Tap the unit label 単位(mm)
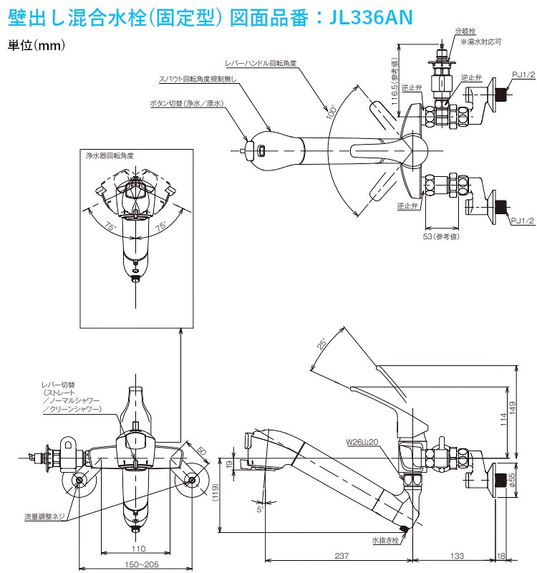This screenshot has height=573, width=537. click(37, 45)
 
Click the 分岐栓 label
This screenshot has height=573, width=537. click(464, 32)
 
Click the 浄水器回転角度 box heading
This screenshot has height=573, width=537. click(110, 155)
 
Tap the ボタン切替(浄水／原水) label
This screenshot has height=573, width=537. click(187, 103)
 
